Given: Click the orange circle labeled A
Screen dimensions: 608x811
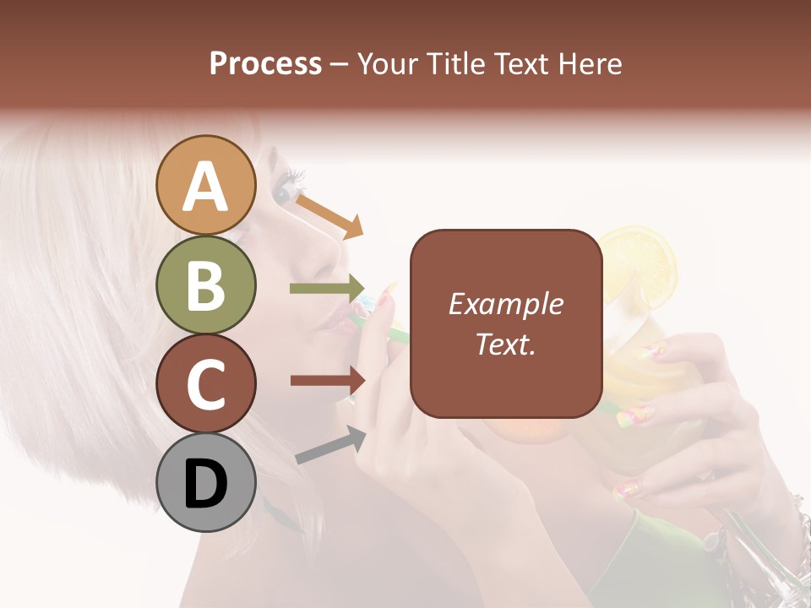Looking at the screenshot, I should click(x=206, y=185).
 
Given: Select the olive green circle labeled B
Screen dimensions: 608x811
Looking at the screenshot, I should click(x=206, y=285).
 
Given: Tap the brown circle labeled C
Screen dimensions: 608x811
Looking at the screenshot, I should click(x=206, y=383).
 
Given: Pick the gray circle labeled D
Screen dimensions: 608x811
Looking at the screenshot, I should click(x=206, y=482).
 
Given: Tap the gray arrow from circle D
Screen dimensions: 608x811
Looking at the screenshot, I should click(x=330, y=445).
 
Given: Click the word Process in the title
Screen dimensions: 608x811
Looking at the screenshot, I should click(x=265, y=63).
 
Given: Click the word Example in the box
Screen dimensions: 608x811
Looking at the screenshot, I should click(x=505, y=304).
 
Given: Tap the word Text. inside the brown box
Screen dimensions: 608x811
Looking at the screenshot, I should click(x=505, y=344).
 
